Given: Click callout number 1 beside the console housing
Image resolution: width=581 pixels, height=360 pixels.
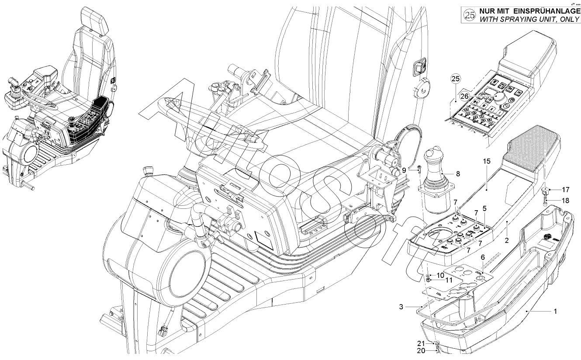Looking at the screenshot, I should (x=555, y=312).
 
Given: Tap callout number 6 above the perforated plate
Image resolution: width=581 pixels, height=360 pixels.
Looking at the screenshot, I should (x=483, y=257).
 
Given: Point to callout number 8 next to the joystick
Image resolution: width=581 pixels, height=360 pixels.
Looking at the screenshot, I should (x=458, y=173).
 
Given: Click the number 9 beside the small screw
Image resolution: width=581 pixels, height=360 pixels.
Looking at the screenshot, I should (x=404, y=170).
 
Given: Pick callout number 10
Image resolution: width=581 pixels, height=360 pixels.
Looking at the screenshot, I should (x=441, y=275).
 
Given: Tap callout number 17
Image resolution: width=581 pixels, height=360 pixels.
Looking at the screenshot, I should (x=566, y=190).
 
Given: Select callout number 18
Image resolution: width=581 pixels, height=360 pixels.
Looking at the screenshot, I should (x=566, y=201).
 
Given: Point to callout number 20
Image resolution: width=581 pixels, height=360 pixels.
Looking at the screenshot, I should (x=420, y=350).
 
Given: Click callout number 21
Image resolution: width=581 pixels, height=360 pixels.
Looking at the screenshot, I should (x=420, y=343).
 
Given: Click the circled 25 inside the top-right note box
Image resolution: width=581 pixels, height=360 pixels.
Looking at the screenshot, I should (x=469, y=15).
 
